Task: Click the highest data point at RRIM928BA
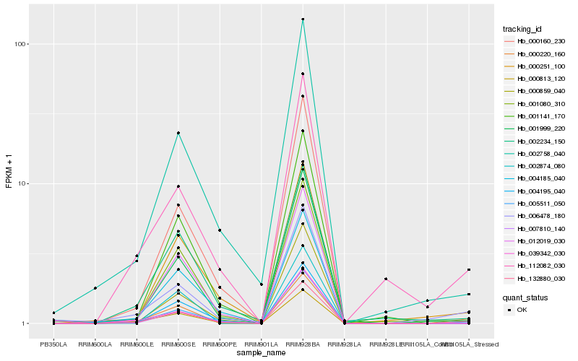click(x=303, y=19)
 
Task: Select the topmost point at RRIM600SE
click(x=178, y=133)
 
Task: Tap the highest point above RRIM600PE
click(x=220, y=230)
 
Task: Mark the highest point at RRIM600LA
click(x=95, y=288)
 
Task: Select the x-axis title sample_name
click(x=261, y=353)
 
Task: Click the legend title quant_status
click(x=525, y=297)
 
